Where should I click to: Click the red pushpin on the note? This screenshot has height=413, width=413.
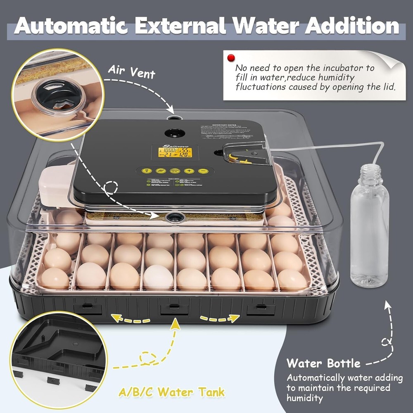(x=230, y=57)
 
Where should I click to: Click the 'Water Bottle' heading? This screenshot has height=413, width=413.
(x=323, y=364)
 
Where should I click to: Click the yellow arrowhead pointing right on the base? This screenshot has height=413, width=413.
(x=236, y=318)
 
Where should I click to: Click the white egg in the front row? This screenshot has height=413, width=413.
(x=158, y=277)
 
